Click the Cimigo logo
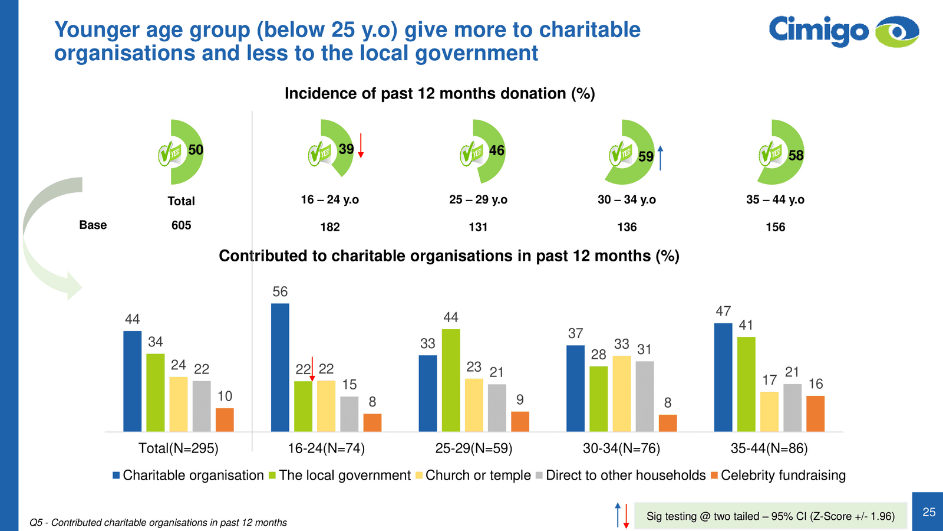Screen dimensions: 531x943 coord(843,31)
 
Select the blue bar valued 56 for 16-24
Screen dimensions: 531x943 coord(280,367)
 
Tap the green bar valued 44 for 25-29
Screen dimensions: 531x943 coord(451,380)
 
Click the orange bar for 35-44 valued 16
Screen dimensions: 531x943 coord(815,414)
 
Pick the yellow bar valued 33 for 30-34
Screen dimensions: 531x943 coord(622,394)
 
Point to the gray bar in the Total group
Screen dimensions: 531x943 coord(202,406)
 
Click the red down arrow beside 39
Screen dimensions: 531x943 coord(361,146)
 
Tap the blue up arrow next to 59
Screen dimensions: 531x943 coord(661,158)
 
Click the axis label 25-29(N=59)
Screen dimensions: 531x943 coord(474,448)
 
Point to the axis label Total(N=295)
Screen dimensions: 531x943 coord(178,448)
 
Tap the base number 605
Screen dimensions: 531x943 coord(182,225)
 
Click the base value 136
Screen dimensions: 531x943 coord(627,227)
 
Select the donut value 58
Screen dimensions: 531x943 coord(796,156)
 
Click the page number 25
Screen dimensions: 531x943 coord(929,512)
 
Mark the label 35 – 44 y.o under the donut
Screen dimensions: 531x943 coord(775,200)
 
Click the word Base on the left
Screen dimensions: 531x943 coord(93,225)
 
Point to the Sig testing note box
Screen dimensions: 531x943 coord(770,516)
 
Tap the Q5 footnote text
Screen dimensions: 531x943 coord(159,523)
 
